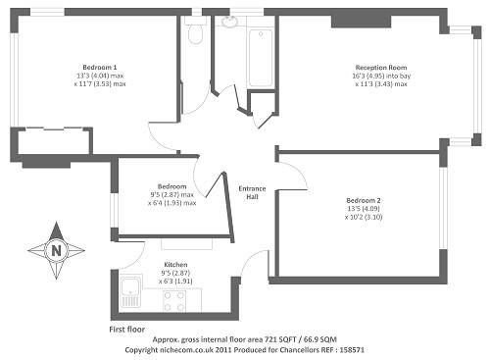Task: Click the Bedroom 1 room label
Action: point(100,68)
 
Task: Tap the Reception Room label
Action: point(381,68)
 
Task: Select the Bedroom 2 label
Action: point(364,200)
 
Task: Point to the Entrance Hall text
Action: point(252,192)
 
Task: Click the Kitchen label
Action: point(175,265)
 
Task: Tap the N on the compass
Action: point(57,251)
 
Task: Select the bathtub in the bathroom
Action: point(261,58)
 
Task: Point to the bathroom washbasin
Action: point(230,22)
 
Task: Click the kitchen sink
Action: point(131,291)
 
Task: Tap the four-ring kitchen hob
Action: point(174,301)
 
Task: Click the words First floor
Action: point(127,330)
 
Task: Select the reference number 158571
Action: point(352,350)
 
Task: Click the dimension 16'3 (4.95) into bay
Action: point(381,76)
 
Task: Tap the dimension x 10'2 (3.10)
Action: point(364,217)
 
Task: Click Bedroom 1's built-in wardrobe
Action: point(54,140)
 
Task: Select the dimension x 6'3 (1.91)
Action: point(175,282)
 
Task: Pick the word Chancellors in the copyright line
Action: point(298,350)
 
